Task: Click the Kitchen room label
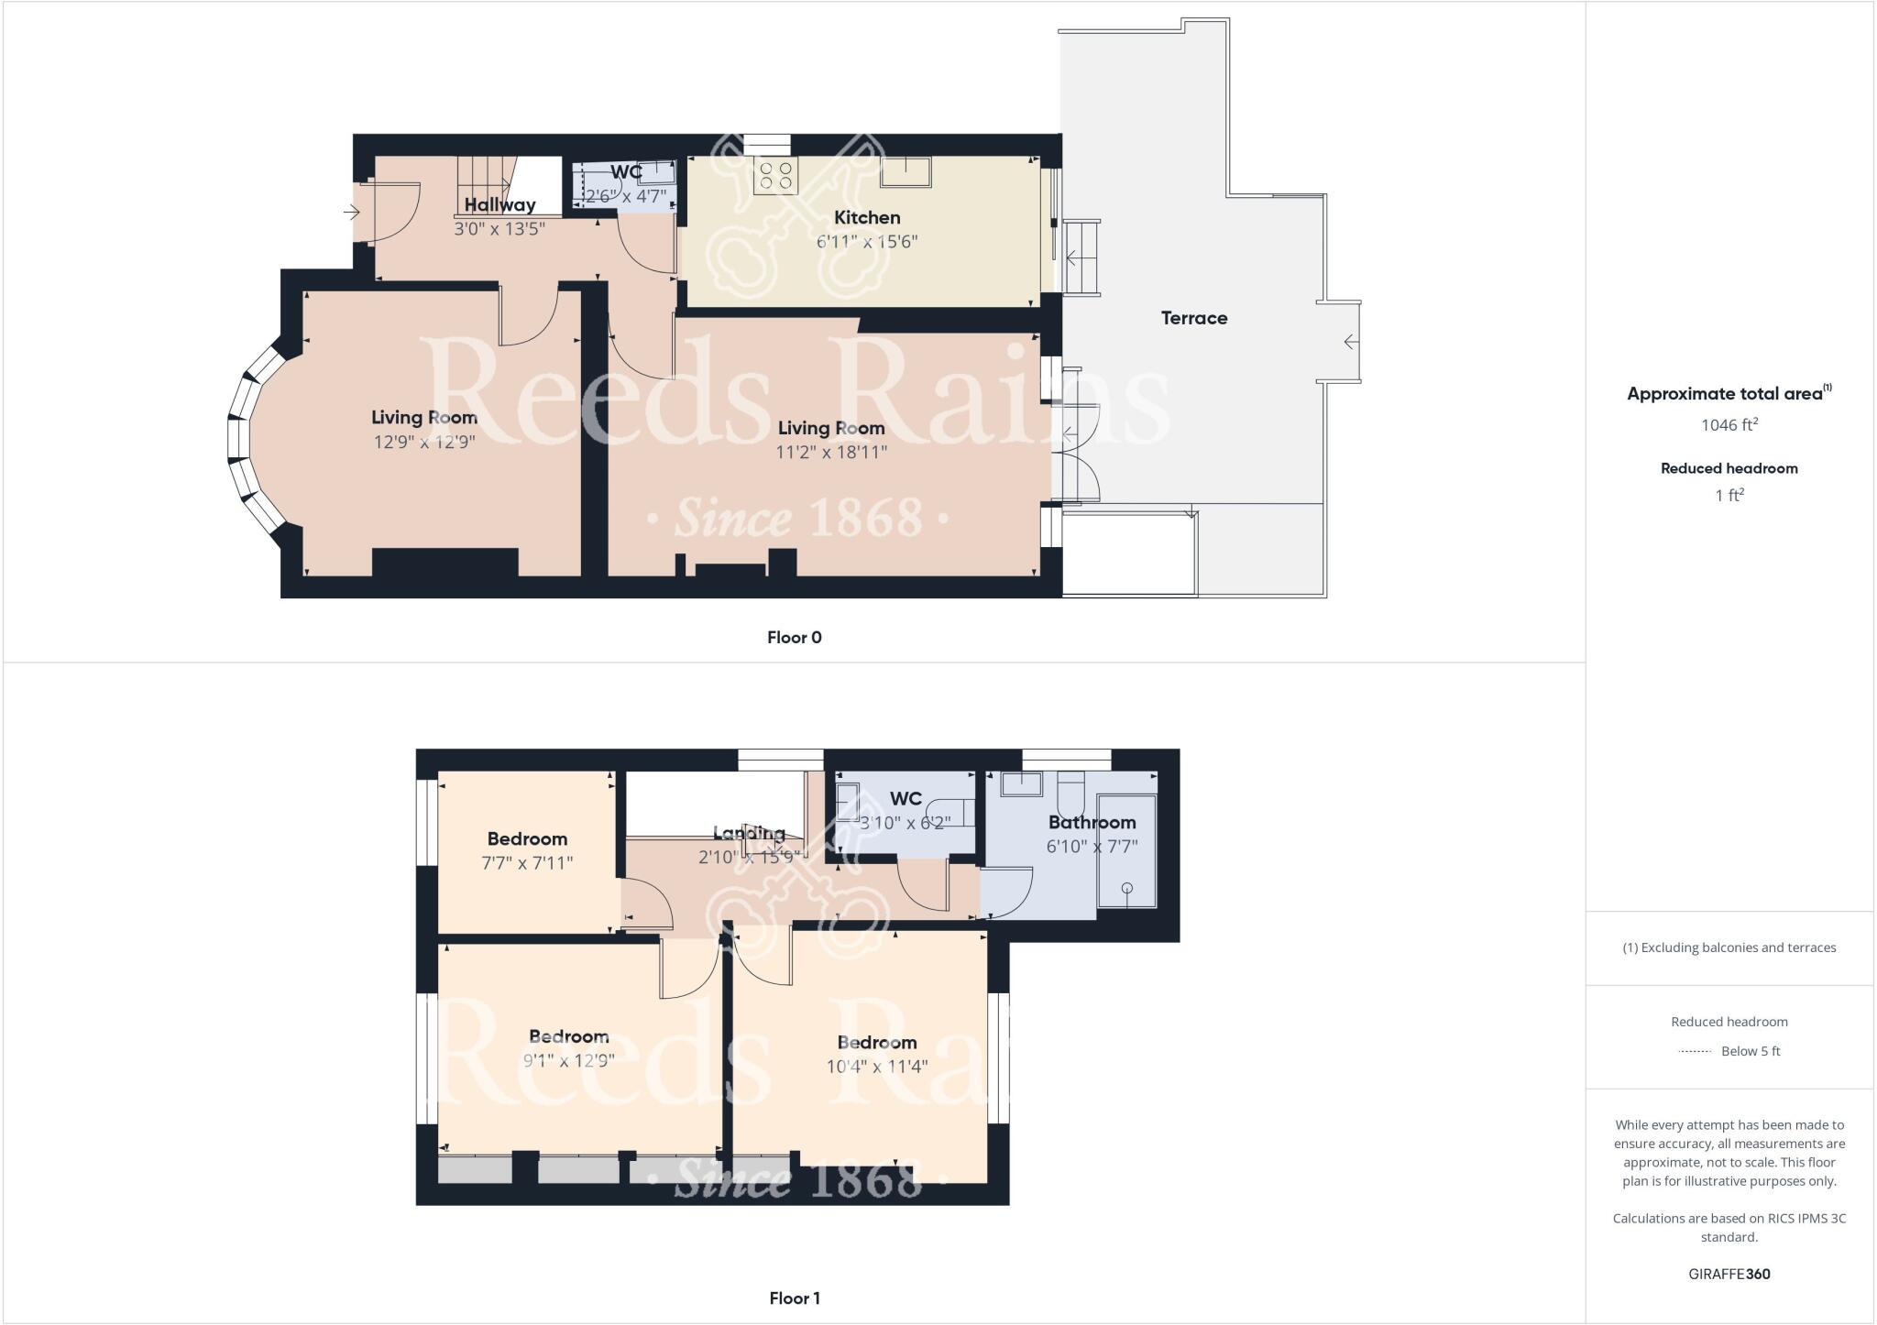point(866,217)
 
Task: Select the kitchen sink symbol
point(906,171)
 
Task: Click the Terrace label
point(1193,318)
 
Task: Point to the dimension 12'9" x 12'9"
point(423,442)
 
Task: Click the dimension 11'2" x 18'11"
point(832,452)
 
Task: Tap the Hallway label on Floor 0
point(499,205)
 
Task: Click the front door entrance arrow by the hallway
point(351,213)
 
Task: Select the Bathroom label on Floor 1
point(1092,822)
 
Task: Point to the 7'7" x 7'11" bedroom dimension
point(527,862)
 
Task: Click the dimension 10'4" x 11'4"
point(876,1067)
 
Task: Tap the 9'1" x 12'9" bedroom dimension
point(568,1061)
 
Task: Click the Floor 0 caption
point(794,638)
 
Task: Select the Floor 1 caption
point(794,1298)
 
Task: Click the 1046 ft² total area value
point(1729,424)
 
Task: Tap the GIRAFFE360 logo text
point(1729,1274)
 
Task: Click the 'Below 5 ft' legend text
point(1750,1051)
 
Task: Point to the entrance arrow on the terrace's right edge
point(1351,342)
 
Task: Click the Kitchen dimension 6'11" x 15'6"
point(866,242)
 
